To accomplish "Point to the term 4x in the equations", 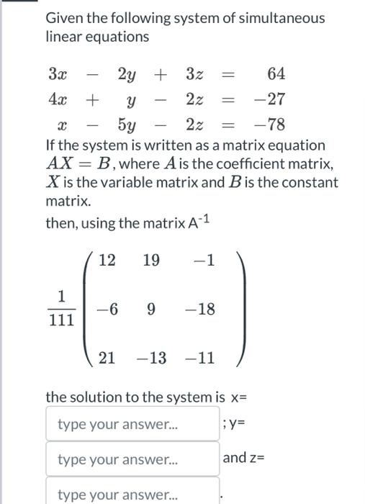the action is [x=57, y=99].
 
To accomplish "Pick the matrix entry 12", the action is [x=107, y=260].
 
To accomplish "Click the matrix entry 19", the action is [x=151, y=260].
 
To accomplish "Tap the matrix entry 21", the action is [x=107, y=357].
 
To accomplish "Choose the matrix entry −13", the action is [x=152, y=357].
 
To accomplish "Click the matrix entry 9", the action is [x=150, y=310].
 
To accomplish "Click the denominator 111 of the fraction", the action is [x=61, y=320].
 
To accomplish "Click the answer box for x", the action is [x=132, y=424].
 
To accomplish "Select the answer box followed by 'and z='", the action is [x=132, y=459].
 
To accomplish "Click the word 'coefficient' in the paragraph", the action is [x=234, y=163].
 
